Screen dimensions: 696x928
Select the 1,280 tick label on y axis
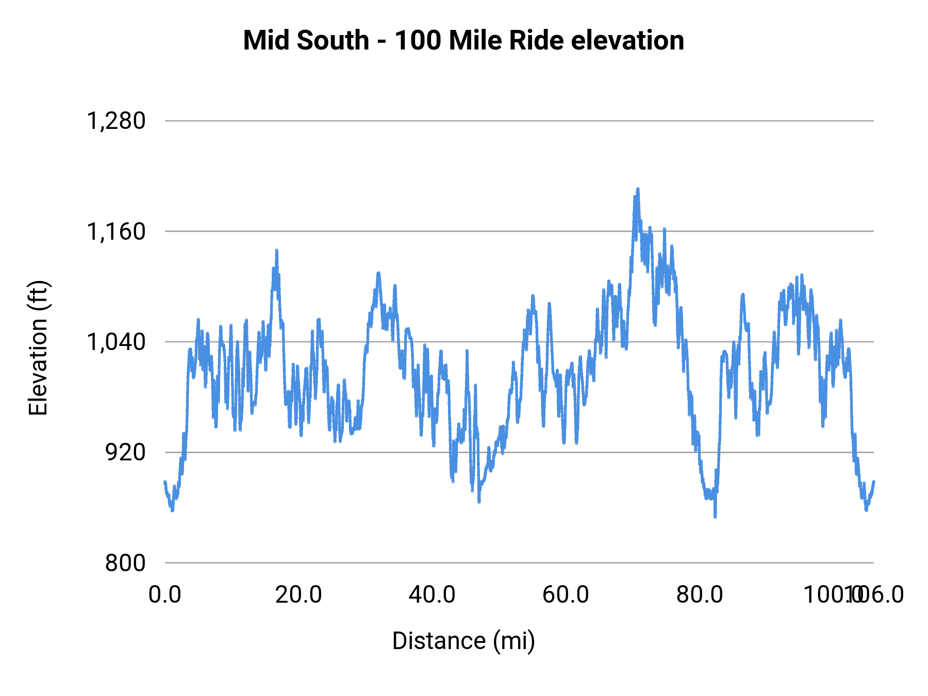[x=116, y=121]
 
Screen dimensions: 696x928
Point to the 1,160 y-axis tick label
[x=116, y=231]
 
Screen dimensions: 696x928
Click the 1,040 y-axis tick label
[x=116, y=342]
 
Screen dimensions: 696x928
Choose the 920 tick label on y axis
[x=125, y=452]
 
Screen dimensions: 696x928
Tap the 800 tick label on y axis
[x=125, y=562]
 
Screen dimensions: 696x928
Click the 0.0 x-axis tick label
[x=165, y=594]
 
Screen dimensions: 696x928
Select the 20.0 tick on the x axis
[x=299, y=594]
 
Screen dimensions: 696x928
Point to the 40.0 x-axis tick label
[x=432, y=594]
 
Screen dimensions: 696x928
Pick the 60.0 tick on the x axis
[x=566, y=594]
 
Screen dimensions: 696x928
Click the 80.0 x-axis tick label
[x=700, y=594]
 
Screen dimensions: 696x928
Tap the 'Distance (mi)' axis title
[x=463, y=641]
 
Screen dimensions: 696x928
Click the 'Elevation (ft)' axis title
[x=38, y=348]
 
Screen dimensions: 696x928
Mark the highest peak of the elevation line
[x=638, y=189]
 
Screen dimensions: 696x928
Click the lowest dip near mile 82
[x=715, y=517]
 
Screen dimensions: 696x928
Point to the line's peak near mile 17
[x=276, y=250]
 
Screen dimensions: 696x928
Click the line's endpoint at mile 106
[x=873, y=482]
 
